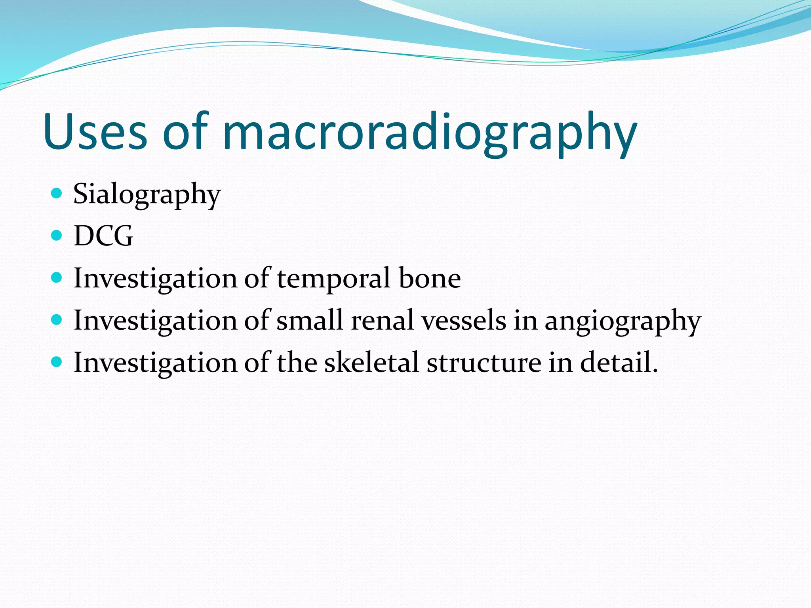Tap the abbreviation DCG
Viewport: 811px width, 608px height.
103,236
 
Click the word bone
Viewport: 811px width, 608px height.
430,278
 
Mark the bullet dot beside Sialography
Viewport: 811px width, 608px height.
57,193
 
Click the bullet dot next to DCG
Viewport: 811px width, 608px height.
57,236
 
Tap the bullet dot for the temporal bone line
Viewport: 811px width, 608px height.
57,277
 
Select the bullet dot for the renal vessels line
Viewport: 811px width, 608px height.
57,319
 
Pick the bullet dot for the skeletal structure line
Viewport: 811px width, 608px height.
57,362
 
